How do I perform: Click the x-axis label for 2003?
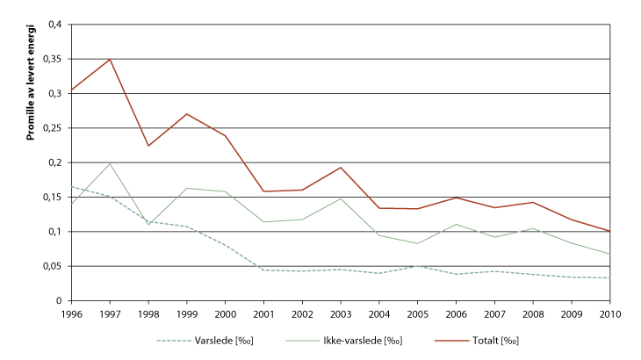point(341,313)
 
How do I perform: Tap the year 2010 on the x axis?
point(610,313)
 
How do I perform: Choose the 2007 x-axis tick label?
point(494,313)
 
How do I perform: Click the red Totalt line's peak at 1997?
point(110,59)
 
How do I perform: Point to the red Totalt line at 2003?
point(341,167)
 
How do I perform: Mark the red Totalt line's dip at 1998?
point(148,146)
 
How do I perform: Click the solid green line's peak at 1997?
point(110,163)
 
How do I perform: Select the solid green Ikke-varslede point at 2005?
point(418,243)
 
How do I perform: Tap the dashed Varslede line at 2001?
point(263,270)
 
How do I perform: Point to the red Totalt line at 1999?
point(187,114)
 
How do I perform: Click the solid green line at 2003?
point(341,198)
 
